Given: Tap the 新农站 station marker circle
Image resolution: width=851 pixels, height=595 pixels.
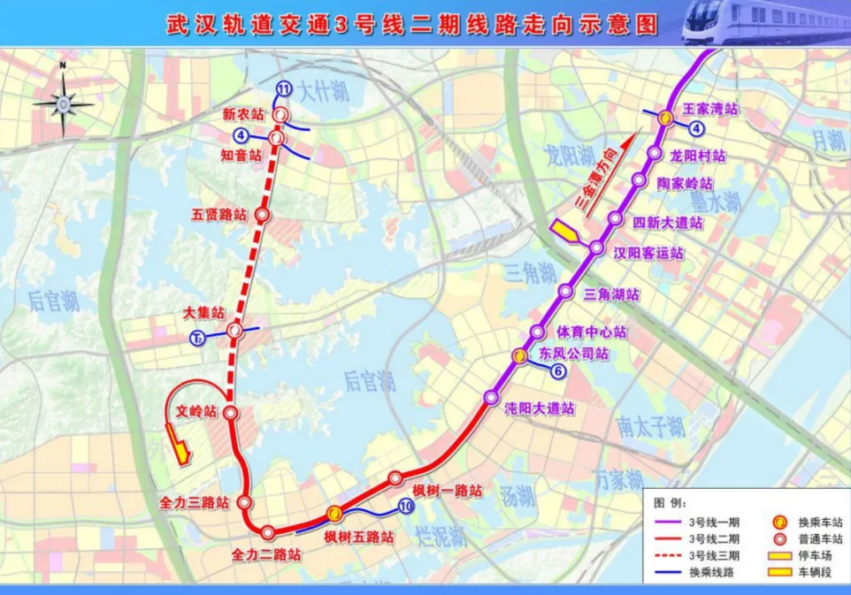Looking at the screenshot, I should point(281,116).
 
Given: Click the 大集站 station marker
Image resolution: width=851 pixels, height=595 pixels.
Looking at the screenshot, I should point(235,331).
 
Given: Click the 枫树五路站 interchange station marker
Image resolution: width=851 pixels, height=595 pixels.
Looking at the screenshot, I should point(334,513).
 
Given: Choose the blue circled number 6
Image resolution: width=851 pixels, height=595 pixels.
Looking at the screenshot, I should point(558,372).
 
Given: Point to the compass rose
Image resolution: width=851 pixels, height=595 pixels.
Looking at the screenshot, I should point(64,103).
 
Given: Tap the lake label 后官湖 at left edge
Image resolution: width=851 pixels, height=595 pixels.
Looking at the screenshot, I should point(53,301).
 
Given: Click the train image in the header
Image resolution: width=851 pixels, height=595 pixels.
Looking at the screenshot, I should point(762,21).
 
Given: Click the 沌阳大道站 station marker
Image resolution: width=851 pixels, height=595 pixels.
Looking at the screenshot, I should point(491,398).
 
